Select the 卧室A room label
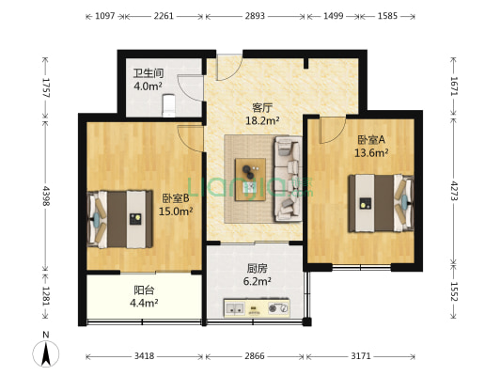(368, 139)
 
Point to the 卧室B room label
(176, 198)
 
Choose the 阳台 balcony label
(145, 290)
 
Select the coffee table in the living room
(250, 176)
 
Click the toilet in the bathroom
(171, 102)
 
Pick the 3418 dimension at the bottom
(145, 357)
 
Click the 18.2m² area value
(262, 120)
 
